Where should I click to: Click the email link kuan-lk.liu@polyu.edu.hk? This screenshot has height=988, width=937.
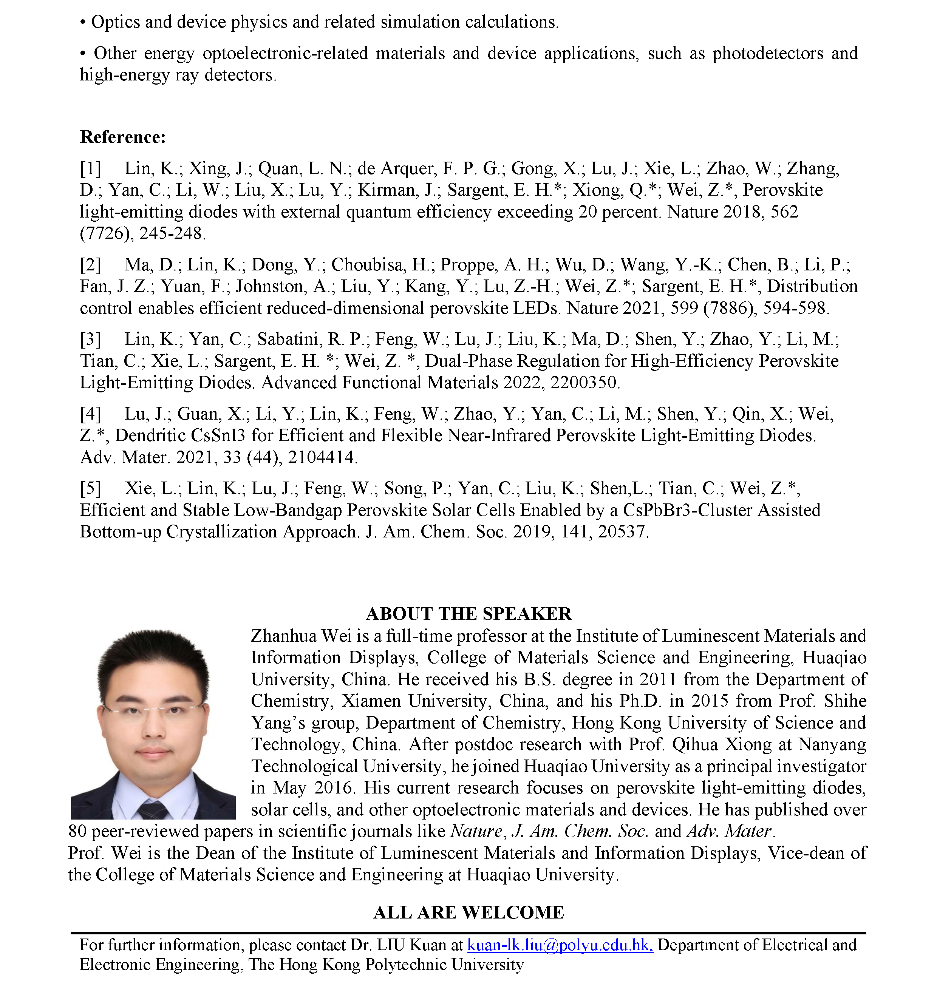(560, 945)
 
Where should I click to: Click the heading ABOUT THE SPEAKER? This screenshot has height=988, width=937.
(468, 614)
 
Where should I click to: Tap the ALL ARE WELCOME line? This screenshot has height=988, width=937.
(468, 912)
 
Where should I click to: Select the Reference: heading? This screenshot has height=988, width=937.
(123, 137)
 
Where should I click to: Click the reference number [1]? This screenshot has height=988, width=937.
(90, 169)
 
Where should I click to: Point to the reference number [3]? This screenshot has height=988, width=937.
(90, 340)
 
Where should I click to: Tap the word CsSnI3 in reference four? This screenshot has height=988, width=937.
(217, 435)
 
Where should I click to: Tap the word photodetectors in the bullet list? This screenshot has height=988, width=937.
(768, 53)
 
